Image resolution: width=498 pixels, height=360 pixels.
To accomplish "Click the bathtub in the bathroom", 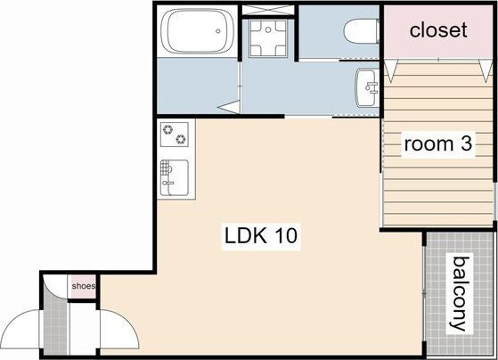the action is tap(198, 31).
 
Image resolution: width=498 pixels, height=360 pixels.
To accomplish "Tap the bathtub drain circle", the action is tap(218, 31).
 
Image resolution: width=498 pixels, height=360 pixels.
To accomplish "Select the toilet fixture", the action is tap(362, 31).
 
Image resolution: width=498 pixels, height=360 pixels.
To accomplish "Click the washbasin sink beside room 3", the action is tap(366, 87).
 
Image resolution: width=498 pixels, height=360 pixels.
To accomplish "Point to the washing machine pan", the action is tap(268, 38).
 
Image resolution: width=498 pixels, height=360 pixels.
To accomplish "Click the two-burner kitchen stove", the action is tap(175, 135).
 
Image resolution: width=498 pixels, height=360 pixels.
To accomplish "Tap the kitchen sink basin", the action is tap(175, 177).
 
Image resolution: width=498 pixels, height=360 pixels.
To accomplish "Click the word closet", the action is tap(438, 30).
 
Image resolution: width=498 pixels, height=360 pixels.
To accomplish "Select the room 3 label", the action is tap(438, 143).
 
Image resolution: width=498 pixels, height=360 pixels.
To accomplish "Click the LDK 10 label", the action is tap(261, 235).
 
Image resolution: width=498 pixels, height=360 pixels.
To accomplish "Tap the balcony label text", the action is tap(460, 293).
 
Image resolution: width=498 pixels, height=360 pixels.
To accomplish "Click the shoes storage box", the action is tap(83, 286).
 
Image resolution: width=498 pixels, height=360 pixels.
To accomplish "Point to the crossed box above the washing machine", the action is tap(268, 10).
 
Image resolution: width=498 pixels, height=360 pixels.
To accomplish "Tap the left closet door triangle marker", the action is tap(391, 70).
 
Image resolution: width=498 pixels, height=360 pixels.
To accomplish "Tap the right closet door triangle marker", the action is tap(486, 70).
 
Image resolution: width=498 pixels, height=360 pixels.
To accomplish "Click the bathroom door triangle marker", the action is tap(229, 107).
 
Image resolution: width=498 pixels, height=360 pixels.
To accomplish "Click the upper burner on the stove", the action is tap(167, 129).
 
